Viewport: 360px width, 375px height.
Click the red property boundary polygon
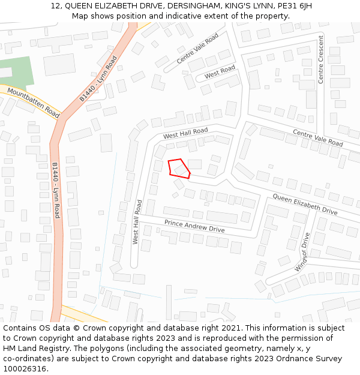pos(179,168)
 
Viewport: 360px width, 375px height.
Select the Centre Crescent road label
pos(321,59)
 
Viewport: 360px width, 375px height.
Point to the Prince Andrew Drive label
pos(194,226)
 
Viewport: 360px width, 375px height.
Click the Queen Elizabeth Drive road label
pos(305,205)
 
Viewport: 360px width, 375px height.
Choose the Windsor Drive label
pos(302,252)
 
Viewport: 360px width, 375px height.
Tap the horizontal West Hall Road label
pos(185,133)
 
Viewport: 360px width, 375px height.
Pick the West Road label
pos(220,73)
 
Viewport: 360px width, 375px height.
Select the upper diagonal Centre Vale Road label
pos(197,49)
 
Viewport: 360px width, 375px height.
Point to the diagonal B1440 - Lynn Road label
pos(98,79)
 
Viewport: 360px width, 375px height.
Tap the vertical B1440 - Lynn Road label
pos(56,190)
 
